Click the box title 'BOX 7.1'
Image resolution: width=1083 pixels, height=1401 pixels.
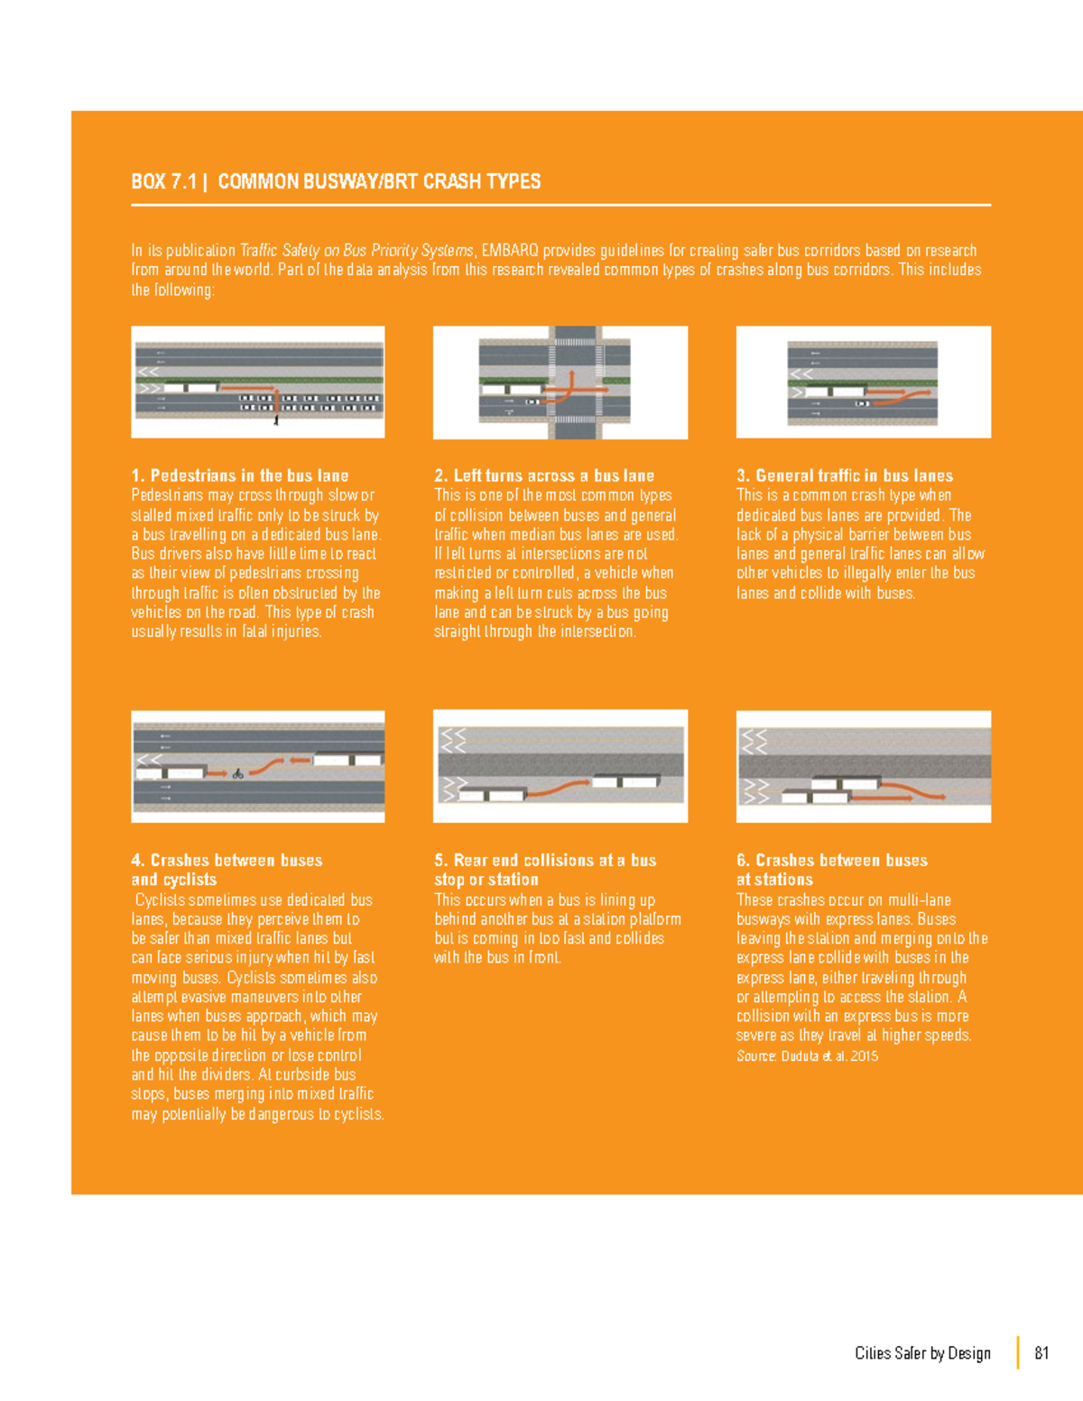click(x=163, y=181)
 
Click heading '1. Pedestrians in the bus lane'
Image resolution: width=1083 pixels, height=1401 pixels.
click(x=239, y=475)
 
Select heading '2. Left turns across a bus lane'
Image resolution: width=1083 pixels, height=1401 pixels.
click(x=543, y=475)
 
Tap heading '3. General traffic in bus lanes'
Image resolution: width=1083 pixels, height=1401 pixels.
click(x=845, y=475)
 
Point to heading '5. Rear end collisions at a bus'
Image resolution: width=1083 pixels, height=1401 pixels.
click(x=545, y=860)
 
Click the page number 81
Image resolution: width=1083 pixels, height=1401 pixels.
click(x=1041, y=1352)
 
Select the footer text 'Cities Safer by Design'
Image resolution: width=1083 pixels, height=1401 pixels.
click(x=922, y=1352)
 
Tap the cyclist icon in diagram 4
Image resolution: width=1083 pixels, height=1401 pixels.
click(x=238, y=773)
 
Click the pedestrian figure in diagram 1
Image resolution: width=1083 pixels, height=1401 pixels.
click(x=276, y=419)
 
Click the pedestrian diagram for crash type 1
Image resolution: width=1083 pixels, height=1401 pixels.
click(x=258, y=382)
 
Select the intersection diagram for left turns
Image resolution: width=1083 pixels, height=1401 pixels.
click(x=560, y=382)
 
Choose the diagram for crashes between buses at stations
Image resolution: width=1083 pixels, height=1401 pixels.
click(x=863, y=766)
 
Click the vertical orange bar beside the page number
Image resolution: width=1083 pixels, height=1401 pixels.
click(x=1018, y=1352)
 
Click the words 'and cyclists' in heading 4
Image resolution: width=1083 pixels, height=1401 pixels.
click(x=173, y=880)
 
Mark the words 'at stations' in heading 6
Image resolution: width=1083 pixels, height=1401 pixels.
click(x=774, y=880)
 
